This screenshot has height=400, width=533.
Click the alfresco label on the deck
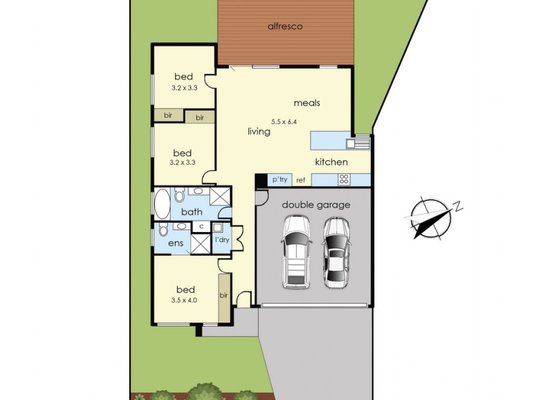286,27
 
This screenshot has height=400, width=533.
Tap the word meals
307,103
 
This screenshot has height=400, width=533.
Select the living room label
259,132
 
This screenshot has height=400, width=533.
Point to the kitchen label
331,162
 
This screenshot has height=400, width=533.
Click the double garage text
316,205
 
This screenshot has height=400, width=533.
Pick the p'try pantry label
279,180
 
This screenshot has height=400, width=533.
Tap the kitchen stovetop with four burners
344,179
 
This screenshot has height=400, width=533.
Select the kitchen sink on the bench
361,141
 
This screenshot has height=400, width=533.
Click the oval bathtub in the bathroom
162,204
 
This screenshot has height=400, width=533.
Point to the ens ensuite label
175,244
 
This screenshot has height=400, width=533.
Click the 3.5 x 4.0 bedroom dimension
185,300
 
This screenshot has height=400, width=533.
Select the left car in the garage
296,254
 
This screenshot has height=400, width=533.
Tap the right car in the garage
336,253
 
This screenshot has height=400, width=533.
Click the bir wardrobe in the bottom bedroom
224,295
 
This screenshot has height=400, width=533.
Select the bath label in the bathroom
192,213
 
